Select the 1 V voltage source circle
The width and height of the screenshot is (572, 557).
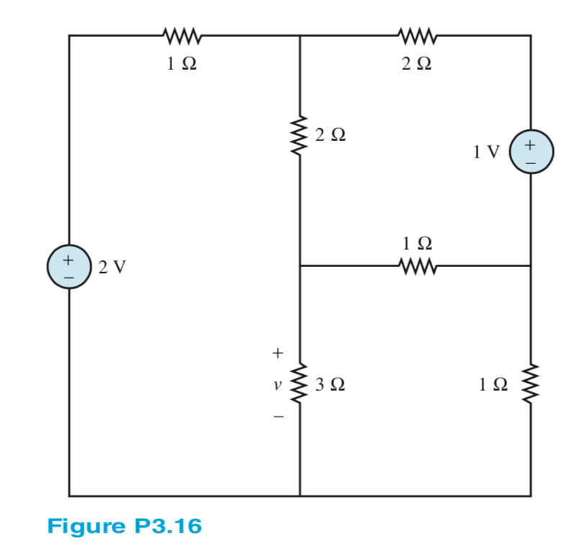[531, 152]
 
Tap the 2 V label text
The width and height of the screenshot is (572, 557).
[112, 267]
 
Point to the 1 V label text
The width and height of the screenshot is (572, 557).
[486, 153]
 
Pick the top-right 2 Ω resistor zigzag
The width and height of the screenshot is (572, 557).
[416, 35]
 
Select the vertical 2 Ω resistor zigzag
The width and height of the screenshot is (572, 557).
[300, 133]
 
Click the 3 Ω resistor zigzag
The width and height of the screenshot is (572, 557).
[300, 384]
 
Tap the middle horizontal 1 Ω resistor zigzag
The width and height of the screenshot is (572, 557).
[416, 266]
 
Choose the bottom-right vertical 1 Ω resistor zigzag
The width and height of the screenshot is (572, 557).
[531, 384]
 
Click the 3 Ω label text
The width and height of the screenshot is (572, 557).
[330, 384]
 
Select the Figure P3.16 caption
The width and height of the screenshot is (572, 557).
[124, 526]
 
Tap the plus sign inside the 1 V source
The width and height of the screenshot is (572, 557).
[531, 145]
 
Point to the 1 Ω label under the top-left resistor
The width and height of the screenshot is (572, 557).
[181, 64]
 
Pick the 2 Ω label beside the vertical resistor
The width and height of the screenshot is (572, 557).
[330, 135]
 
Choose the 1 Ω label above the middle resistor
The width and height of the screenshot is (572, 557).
[414, 242]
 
